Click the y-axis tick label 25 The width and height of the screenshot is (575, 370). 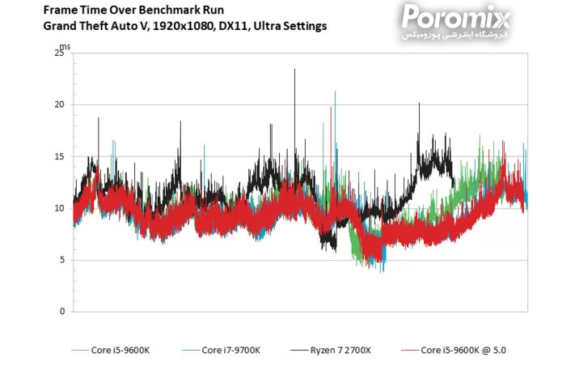(x=57, y=53)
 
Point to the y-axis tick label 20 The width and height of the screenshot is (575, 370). (x=57, y=104)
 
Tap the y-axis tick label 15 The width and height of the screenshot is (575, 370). (x=57, y=156)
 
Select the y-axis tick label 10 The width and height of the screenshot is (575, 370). (x=57, y=208)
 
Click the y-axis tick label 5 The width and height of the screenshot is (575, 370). (x=60, y=260)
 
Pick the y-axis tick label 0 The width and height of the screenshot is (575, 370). (x=60, y=312)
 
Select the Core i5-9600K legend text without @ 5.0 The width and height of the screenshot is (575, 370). (x=126, y=350)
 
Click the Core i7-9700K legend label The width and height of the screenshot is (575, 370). (x=230, y=350)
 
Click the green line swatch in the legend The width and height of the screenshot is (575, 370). (x=81, y=351)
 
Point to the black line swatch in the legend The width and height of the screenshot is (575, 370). (x=298, y=351)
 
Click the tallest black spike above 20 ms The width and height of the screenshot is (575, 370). (x=294, y=71)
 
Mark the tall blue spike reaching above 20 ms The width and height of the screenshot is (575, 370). (x=335, y=94)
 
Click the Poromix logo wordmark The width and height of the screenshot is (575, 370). (x=456, y=15)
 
